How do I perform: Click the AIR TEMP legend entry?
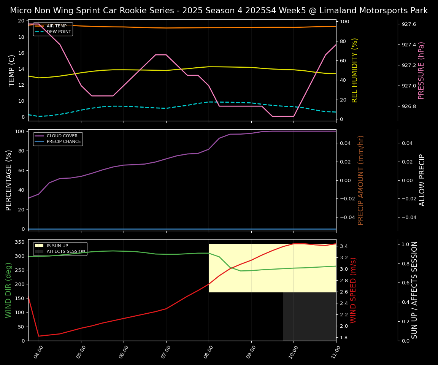point(56,26)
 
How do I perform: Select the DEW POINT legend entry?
point(59,32)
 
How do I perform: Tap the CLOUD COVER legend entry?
point(62,136)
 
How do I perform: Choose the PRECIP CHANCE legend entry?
point(63,142)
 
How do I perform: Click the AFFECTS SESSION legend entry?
point(66,252)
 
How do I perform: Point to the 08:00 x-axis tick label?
point(209,350)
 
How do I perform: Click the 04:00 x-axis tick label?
point(39,350)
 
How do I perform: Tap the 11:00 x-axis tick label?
point(336,350)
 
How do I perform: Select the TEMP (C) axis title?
point(12,70)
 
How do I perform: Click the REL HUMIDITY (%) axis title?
point(355,70)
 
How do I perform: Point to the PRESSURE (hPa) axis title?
point(421,70)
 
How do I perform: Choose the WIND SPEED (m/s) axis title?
point(354,290)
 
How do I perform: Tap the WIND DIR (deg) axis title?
point(8,290)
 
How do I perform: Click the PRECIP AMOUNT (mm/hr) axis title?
point(361,180)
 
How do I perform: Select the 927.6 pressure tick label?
point(409,24)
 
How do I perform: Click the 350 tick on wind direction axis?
point(21,242)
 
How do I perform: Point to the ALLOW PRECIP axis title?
point(422,180)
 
